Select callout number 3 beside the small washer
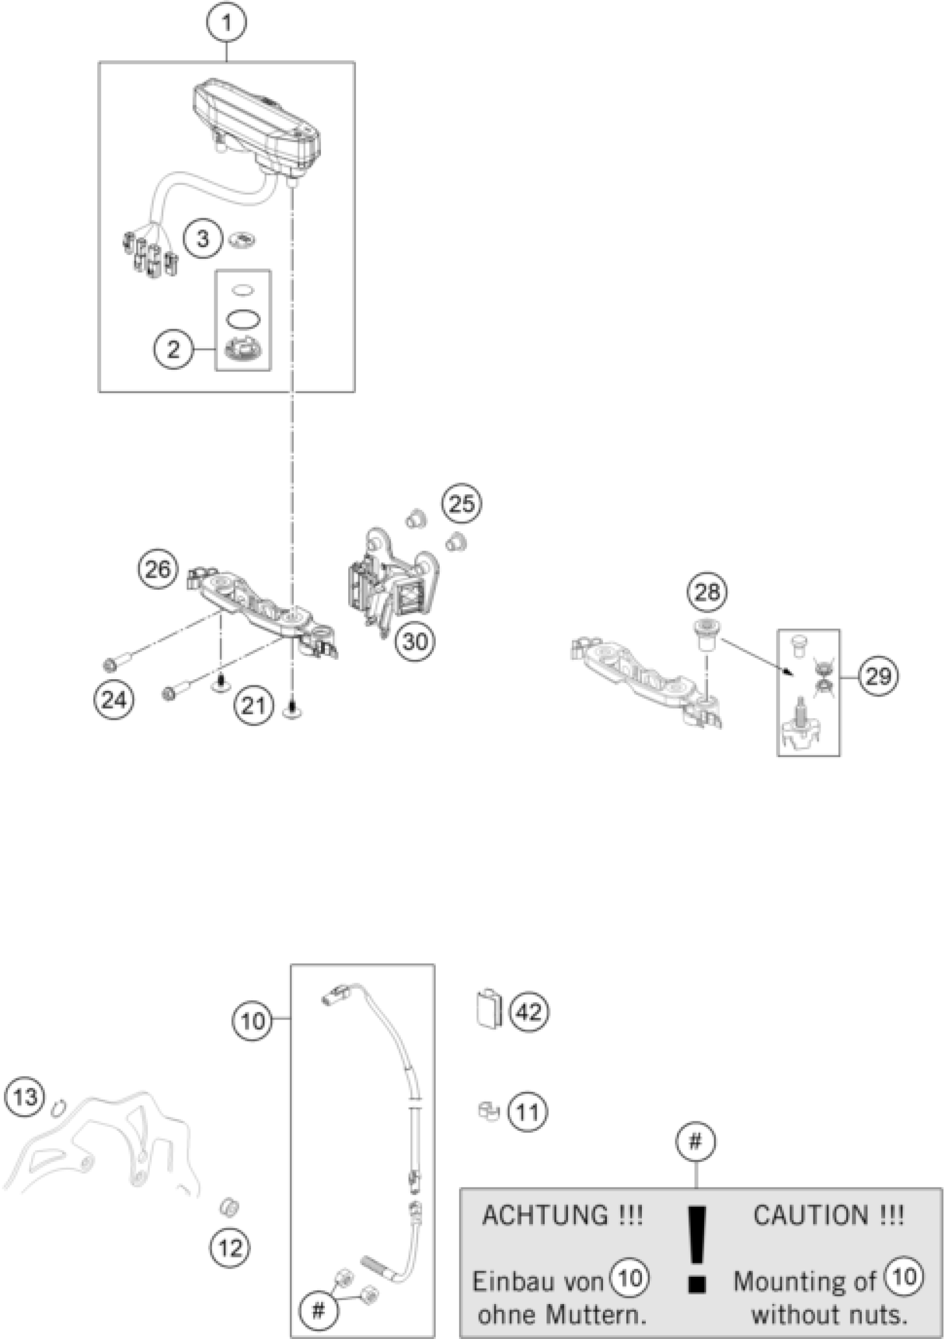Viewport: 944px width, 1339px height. point(202,238)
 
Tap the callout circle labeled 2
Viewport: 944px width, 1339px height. point(173,349)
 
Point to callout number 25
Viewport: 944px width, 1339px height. point(462,503)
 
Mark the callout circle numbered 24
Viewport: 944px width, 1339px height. point(114,700)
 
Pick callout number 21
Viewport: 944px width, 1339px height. point(254,706)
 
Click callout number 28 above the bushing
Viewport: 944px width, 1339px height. point(707,593)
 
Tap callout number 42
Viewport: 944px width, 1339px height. point(529,1012)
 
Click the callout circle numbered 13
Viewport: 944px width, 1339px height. point(25,1097)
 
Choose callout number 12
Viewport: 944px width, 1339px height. point(230,1248)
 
